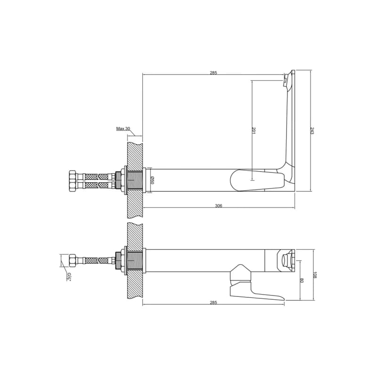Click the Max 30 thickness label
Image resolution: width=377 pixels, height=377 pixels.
pos(123,129)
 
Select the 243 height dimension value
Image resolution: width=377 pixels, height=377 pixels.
pos(312,131)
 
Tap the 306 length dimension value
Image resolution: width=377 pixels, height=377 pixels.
pos(219,205)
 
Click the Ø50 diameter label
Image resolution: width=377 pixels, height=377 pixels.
pos(152,180)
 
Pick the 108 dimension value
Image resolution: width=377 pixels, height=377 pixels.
pos(315,275)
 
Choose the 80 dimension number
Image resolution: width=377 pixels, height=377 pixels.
pos(302,280)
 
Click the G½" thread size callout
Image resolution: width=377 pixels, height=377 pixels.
pos(69,277)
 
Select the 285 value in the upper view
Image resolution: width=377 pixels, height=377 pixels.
pos(213,73)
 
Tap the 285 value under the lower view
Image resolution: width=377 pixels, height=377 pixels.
pos(213,303)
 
